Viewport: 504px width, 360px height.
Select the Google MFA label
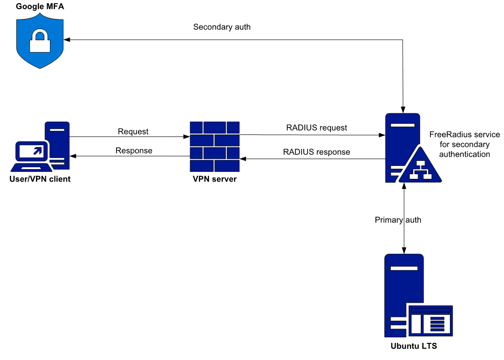pyautogui.click(x=39, y=7)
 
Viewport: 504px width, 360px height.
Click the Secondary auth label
pyautogui.click(x=222, y=27)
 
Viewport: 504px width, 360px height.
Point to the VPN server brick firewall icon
pyautogui.click(x=215, y=146)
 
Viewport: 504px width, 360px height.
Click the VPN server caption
pyautogui.click(x=215, y=179)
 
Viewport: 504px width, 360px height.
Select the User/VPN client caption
pyautogui.click(x=40, y=179)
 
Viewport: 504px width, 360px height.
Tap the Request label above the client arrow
pyautogui.click(x=133, y=132)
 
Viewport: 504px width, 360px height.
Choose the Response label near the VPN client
pyautogui.click(x=134, y=151)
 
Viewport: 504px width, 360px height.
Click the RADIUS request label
pyautogui.click(x=317, y=128)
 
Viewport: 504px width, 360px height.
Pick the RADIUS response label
pyautogui.click(x=317, y=152)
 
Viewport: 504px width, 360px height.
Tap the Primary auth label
pyautogui.click(x=398, y=220)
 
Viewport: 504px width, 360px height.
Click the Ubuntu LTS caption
pyautogui.click(x=413, y=346)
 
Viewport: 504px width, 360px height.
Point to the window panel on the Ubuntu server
pyautogui.click(x=430, y=319)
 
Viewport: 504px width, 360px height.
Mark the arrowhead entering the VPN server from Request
pyautogui.click(x=186, y=137)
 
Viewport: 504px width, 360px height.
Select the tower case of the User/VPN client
pyautogui.click(x=58, y=146)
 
